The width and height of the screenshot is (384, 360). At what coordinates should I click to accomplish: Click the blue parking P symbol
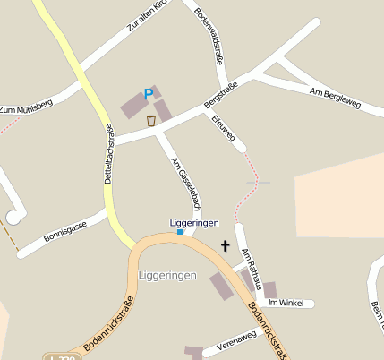149,94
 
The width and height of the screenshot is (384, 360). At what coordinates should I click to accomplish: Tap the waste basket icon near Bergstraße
151,120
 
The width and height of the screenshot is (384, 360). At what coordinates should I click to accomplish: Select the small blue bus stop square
180,232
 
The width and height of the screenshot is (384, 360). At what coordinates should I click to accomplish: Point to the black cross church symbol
225,244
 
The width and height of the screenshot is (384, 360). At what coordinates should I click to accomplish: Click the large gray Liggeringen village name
167,275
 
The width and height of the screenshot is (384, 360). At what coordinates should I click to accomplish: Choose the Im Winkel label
286,304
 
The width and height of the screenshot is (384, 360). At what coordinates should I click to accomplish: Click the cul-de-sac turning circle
14,216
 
